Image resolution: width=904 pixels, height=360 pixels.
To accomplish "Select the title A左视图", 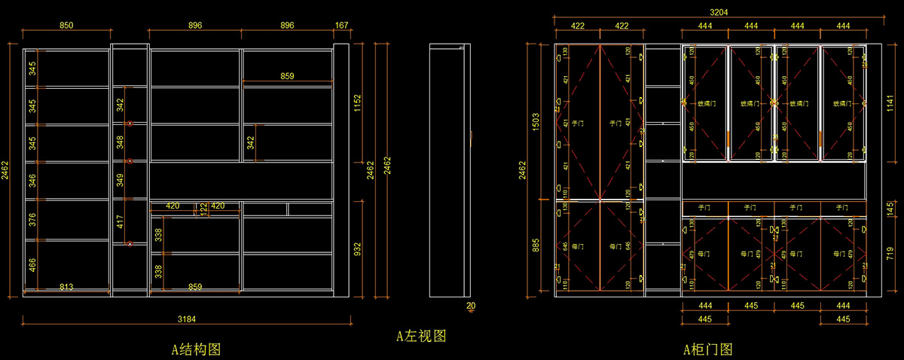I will pos(422,336).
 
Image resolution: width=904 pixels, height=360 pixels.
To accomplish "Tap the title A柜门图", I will pos(707,349).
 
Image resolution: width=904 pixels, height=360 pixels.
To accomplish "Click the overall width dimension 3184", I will pos(187,319).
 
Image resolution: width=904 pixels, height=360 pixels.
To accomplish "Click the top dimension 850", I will pos(66,25).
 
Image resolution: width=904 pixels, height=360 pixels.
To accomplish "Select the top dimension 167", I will pos(341,25).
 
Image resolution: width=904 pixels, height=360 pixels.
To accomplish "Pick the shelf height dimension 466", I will pos(32,264).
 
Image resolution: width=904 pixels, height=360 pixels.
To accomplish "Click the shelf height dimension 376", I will pos(32,218).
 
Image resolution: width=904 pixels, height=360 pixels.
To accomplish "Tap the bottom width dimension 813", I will pos(66,287).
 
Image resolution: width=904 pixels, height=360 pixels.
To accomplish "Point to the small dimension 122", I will pos(203,209).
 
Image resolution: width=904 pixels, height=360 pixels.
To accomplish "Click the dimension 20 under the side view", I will pos(471,306).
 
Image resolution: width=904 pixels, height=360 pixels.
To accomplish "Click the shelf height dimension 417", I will pos(120,221).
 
